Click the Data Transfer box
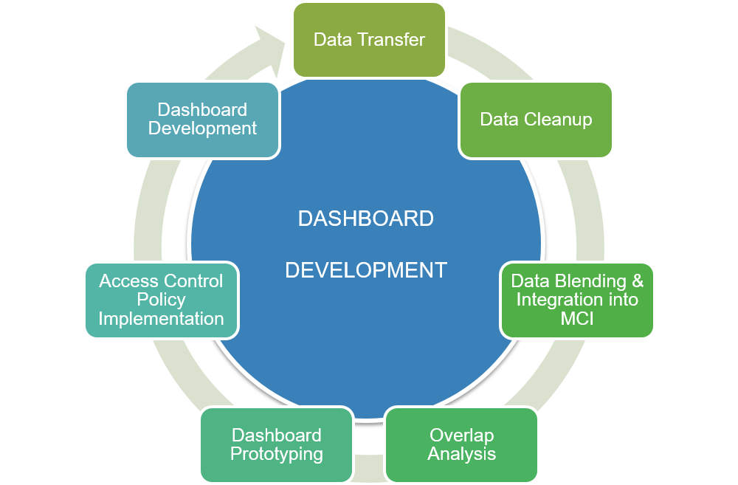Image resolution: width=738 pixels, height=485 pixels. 369,39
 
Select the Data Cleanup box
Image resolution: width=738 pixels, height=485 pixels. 536,119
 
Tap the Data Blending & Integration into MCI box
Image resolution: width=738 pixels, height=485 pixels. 577,300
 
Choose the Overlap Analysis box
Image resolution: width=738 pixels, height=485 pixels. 461,444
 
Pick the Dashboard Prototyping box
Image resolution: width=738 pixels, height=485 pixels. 276,444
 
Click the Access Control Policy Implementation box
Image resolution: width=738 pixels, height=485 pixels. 161,300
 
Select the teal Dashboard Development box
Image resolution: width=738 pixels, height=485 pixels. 202,119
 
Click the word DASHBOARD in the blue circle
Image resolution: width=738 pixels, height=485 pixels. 365,219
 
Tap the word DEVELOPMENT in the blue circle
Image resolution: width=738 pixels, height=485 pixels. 366,270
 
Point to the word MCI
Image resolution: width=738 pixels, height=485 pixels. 577,319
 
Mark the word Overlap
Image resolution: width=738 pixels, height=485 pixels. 461,435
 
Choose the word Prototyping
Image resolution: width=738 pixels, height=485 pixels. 276,454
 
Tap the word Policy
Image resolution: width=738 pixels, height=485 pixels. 161,300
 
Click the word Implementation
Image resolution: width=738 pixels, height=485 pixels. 161,319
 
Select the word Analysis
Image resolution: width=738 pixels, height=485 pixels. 461,454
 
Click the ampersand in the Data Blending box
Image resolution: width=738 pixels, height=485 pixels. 638,281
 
